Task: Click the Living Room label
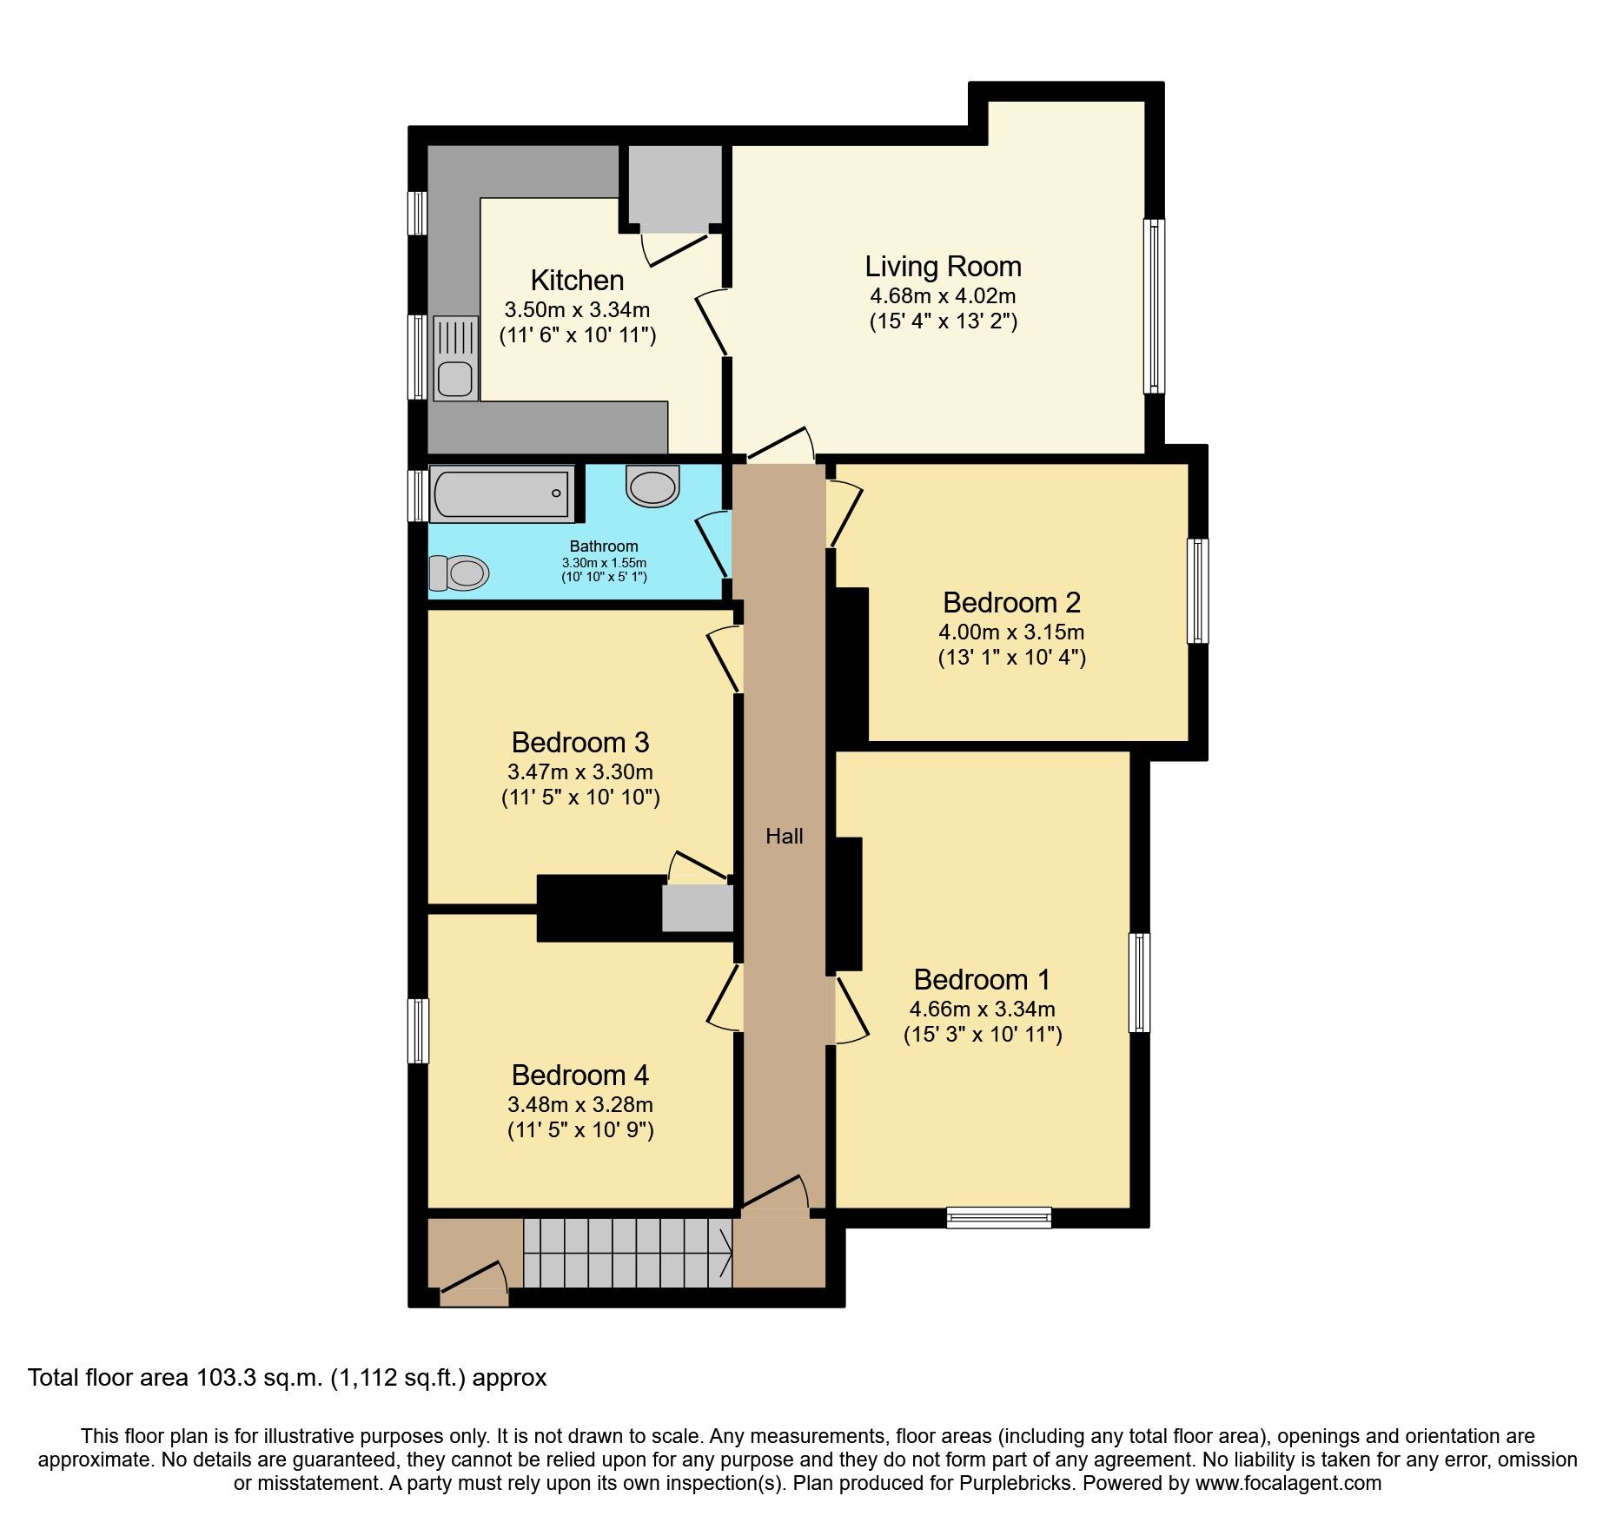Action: click(943, 267)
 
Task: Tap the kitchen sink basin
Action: click(455, 379)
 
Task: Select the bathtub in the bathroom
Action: click(501, 494)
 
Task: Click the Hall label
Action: click(784, 837)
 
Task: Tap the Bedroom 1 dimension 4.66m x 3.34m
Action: click(982, 1010)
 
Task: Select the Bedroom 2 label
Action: click(1011, 603)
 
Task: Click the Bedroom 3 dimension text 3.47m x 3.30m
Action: click(580, 772)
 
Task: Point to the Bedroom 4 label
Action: click(580, 1076)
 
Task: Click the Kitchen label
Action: click(577, 281)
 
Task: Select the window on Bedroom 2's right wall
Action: click(1197, 591)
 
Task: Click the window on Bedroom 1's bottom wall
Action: click(999, 1217)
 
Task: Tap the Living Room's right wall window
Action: click(1153, 306)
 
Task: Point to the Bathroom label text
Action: click(604, 546)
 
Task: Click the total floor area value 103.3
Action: click(227, 1378)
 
